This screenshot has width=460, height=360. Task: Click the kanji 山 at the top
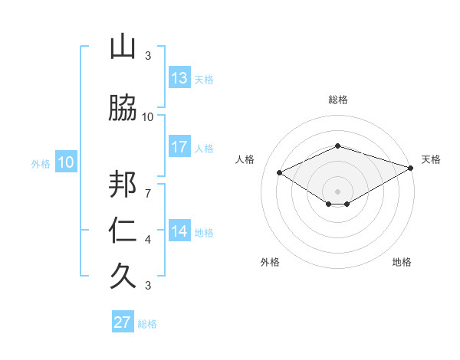click(123, 47)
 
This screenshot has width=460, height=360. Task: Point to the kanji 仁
click(123, 230)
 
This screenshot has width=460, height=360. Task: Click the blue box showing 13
click(179, 78)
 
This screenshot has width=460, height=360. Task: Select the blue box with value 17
click(179, 147)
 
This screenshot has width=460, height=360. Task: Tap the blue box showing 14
click(179, 231)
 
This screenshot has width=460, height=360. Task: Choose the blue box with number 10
click(65, 162)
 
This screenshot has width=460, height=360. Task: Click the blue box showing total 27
click(123, 322)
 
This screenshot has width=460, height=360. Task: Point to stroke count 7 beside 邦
click(147, 186)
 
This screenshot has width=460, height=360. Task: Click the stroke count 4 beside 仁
click(148, 240)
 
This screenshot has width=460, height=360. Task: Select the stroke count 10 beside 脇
click(148, 116)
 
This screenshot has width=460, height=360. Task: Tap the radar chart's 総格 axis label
click(337, 100)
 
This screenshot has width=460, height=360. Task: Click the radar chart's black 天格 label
click(431, 159)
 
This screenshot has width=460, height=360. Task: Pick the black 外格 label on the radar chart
click(270, 262)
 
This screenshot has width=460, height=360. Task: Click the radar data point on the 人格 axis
click(280, 172)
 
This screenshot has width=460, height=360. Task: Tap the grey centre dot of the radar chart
click(337, 190)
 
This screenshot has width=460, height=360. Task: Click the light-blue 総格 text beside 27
click(147, 324)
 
